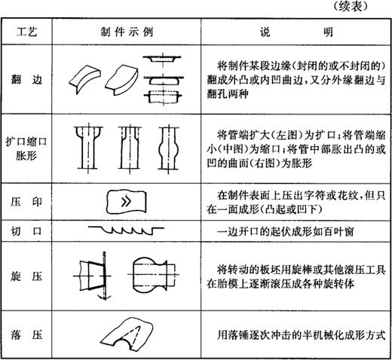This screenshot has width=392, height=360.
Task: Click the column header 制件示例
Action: (127, 32)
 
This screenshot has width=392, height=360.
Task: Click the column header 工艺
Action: (26, 32)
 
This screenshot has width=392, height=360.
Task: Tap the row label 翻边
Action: (26, 80)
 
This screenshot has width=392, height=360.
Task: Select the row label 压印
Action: (26, 202)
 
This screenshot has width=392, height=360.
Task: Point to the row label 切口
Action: (26, 230)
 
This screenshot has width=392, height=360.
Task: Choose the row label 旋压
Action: (26, 276)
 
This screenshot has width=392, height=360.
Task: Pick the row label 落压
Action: (26, 334)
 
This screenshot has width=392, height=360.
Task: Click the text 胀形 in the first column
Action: (26, 156)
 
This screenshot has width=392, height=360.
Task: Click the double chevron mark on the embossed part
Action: (126, 201)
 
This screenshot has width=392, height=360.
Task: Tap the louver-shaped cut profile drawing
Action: (126, 230)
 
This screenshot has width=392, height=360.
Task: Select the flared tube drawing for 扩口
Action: (88, 148)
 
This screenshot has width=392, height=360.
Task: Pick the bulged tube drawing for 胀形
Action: (169, 148)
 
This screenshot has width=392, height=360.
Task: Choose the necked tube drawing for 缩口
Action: (130, 148)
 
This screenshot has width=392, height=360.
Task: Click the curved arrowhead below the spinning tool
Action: (105, 297)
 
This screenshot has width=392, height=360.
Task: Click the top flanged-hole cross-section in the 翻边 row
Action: (162, 59)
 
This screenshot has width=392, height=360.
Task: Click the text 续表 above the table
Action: (351, 6)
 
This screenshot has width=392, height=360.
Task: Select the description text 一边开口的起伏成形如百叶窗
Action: (286, 231)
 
